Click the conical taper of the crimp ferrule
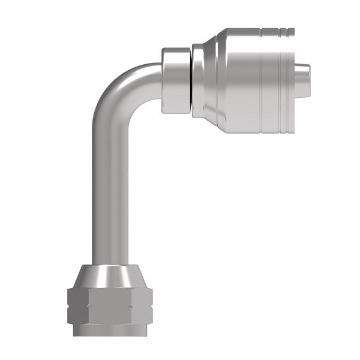[x=211, y=78]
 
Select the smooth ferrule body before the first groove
[x=237, y=78]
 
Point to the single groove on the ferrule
[x=260, y=78]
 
